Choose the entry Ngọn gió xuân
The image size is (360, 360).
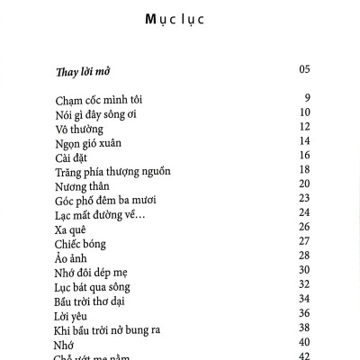click(88, 142)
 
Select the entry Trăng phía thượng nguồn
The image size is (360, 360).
click(112, 171)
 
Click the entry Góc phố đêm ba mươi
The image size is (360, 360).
click(106, 200)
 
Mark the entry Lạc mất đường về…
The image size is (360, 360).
click(100, 214)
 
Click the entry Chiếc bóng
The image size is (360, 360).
click(81, 244)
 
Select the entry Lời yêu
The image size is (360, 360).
click(74, 315)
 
